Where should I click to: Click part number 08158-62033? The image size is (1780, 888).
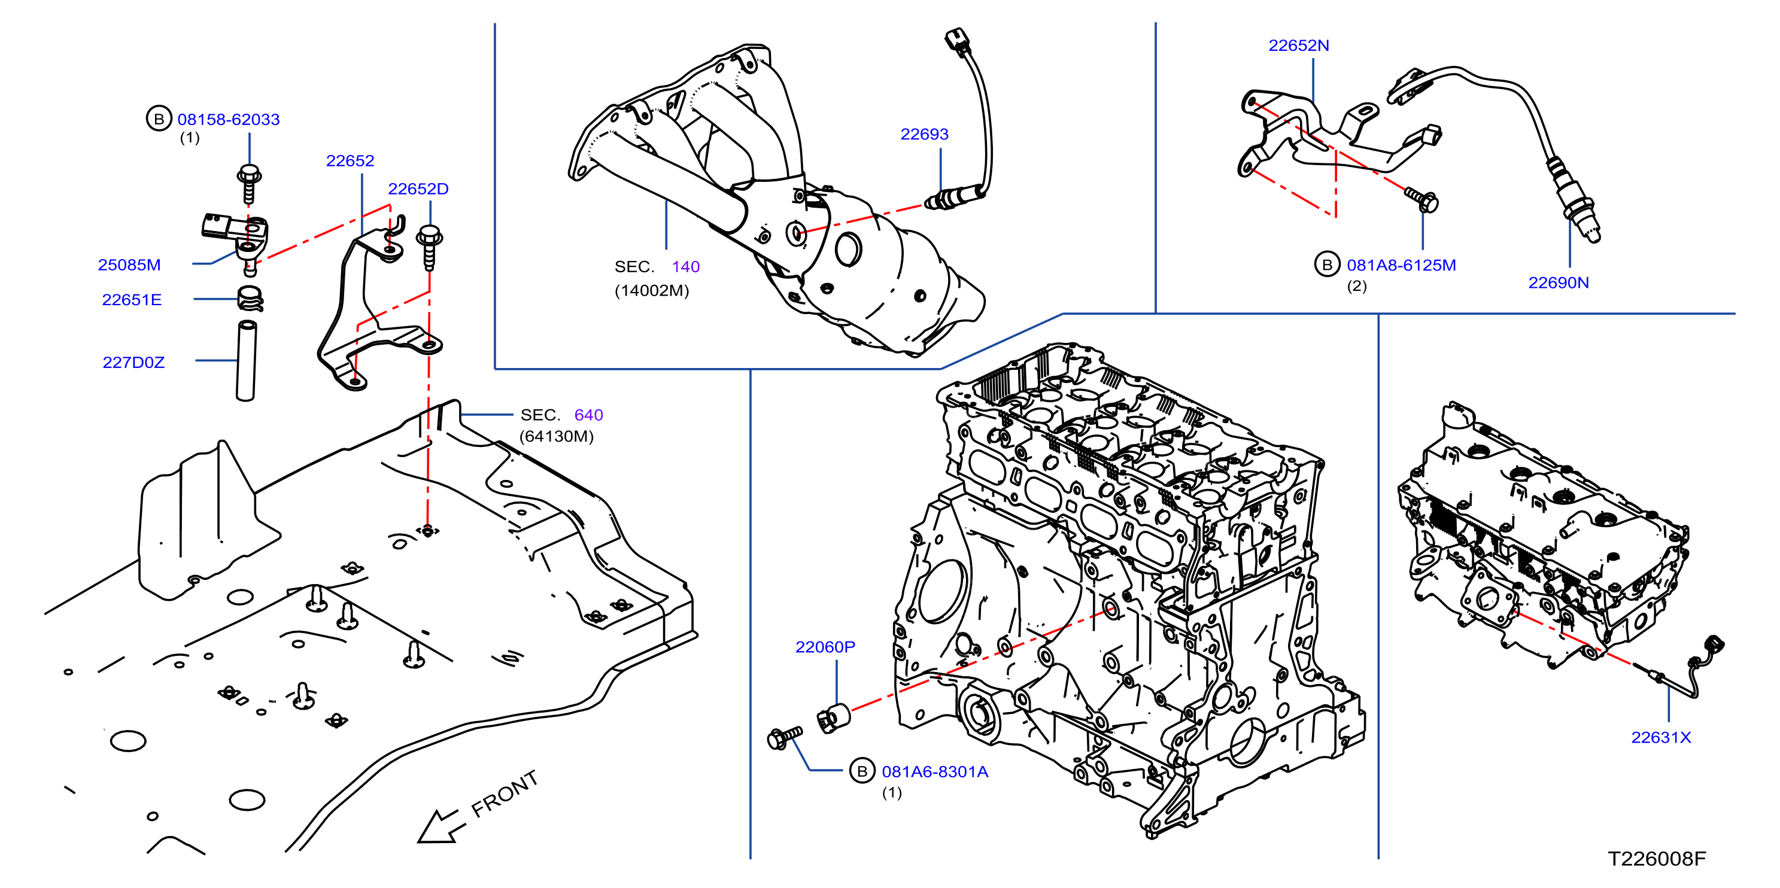click(x=228, y=120)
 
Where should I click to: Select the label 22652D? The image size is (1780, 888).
click(x=418, y=188)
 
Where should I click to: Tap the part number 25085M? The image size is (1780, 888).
click(x=129, y=264)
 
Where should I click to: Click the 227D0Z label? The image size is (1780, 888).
click(x=133, y=362)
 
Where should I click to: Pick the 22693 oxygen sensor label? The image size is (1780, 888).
click(x=924, y=134)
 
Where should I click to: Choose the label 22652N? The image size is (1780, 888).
click(x=1298, y=45)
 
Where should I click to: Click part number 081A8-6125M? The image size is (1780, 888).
click(x=1401, y=265)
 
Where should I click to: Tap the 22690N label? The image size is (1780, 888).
click(x=1558, y=282)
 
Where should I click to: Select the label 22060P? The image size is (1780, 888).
click(x=825, y=647)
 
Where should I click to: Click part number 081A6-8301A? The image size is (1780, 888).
click(x=935, y=772)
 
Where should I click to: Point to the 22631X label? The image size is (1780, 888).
click(x=1661, y=737)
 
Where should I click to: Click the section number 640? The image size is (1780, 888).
click(x=589, y=415)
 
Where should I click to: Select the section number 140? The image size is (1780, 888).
click(x=685, y=267)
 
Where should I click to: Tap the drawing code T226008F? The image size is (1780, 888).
click(x=1656, y=858)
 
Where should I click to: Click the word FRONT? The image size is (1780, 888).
click(x=505, y=794)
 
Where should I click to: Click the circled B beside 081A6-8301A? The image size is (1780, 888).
click(x=862, y=771)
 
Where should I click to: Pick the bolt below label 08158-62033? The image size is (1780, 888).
click(x=249, y=183)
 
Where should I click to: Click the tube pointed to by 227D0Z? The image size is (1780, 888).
click(x=246, y=360)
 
